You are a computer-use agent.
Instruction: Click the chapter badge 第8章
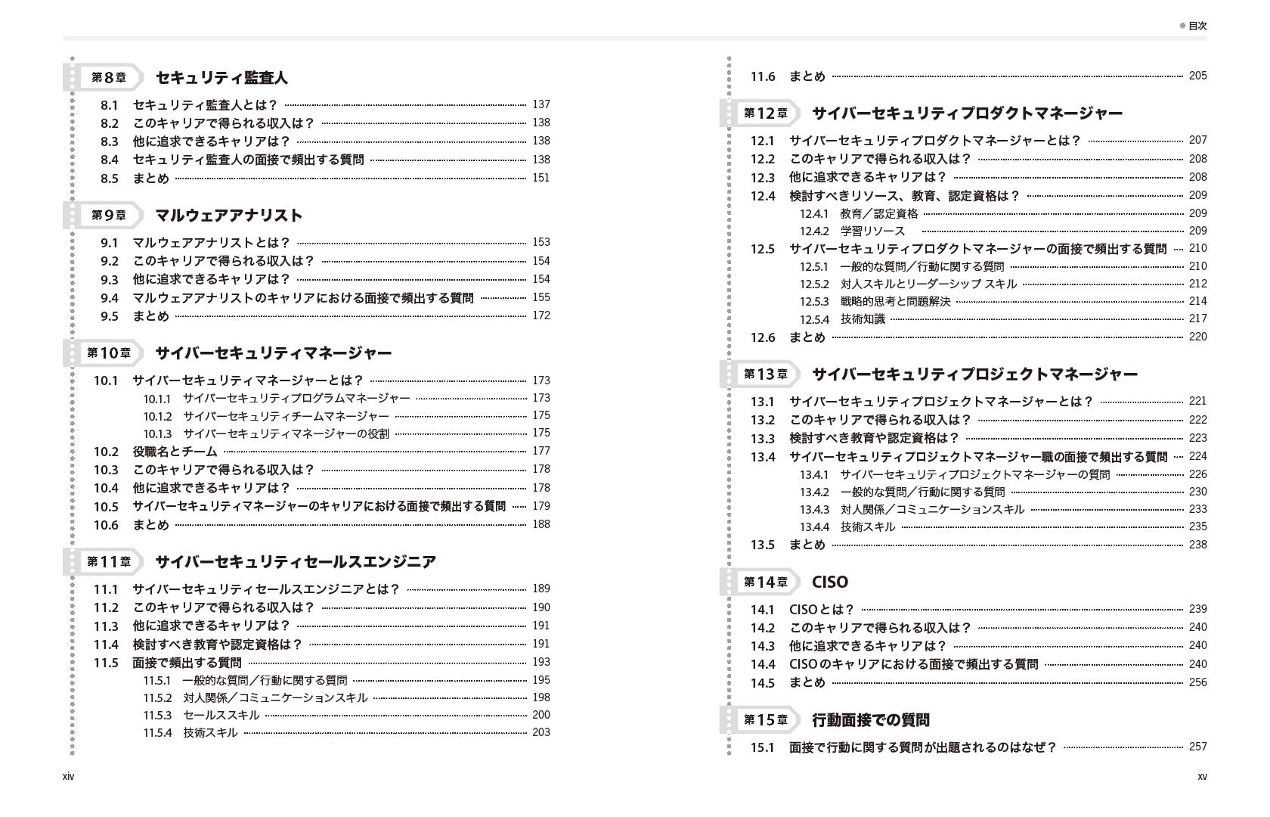click(x=109, y=77)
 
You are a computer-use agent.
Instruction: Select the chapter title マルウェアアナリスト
click(x=228, y=216)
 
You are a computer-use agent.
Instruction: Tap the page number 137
click(x=541, y=104)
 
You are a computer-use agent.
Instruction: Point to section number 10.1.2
click(x=157, y=415)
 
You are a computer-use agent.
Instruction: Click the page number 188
click(x=541, y=524)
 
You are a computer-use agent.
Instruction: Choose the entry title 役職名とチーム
click(x=175, y=452)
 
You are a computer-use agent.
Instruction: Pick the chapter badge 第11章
click(x=109, y=561)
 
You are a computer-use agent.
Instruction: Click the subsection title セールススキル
click(x=221, y=715)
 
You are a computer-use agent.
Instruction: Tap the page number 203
click(x=541, y=732)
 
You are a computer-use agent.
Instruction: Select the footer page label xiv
click(x=69, y=776)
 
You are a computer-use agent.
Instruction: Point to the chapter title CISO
click(x=829, y=582)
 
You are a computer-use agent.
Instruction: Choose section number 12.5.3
click(x=814, y=301)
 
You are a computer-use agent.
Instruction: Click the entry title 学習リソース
click(x=872, y=231)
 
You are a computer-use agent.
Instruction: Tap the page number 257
click(x=1197, y=747)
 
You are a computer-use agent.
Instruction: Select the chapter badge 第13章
click(x=765, y=374)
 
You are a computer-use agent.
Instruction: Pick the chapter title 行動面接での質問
click(x=870, y=720)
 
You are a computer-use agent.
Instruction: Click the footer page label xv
click(x=1202, y=776)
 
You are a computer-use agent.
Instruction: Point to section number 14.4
click(x=763, y=664)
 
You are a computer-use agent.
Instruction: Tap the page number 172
click(x=541, y=315)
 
